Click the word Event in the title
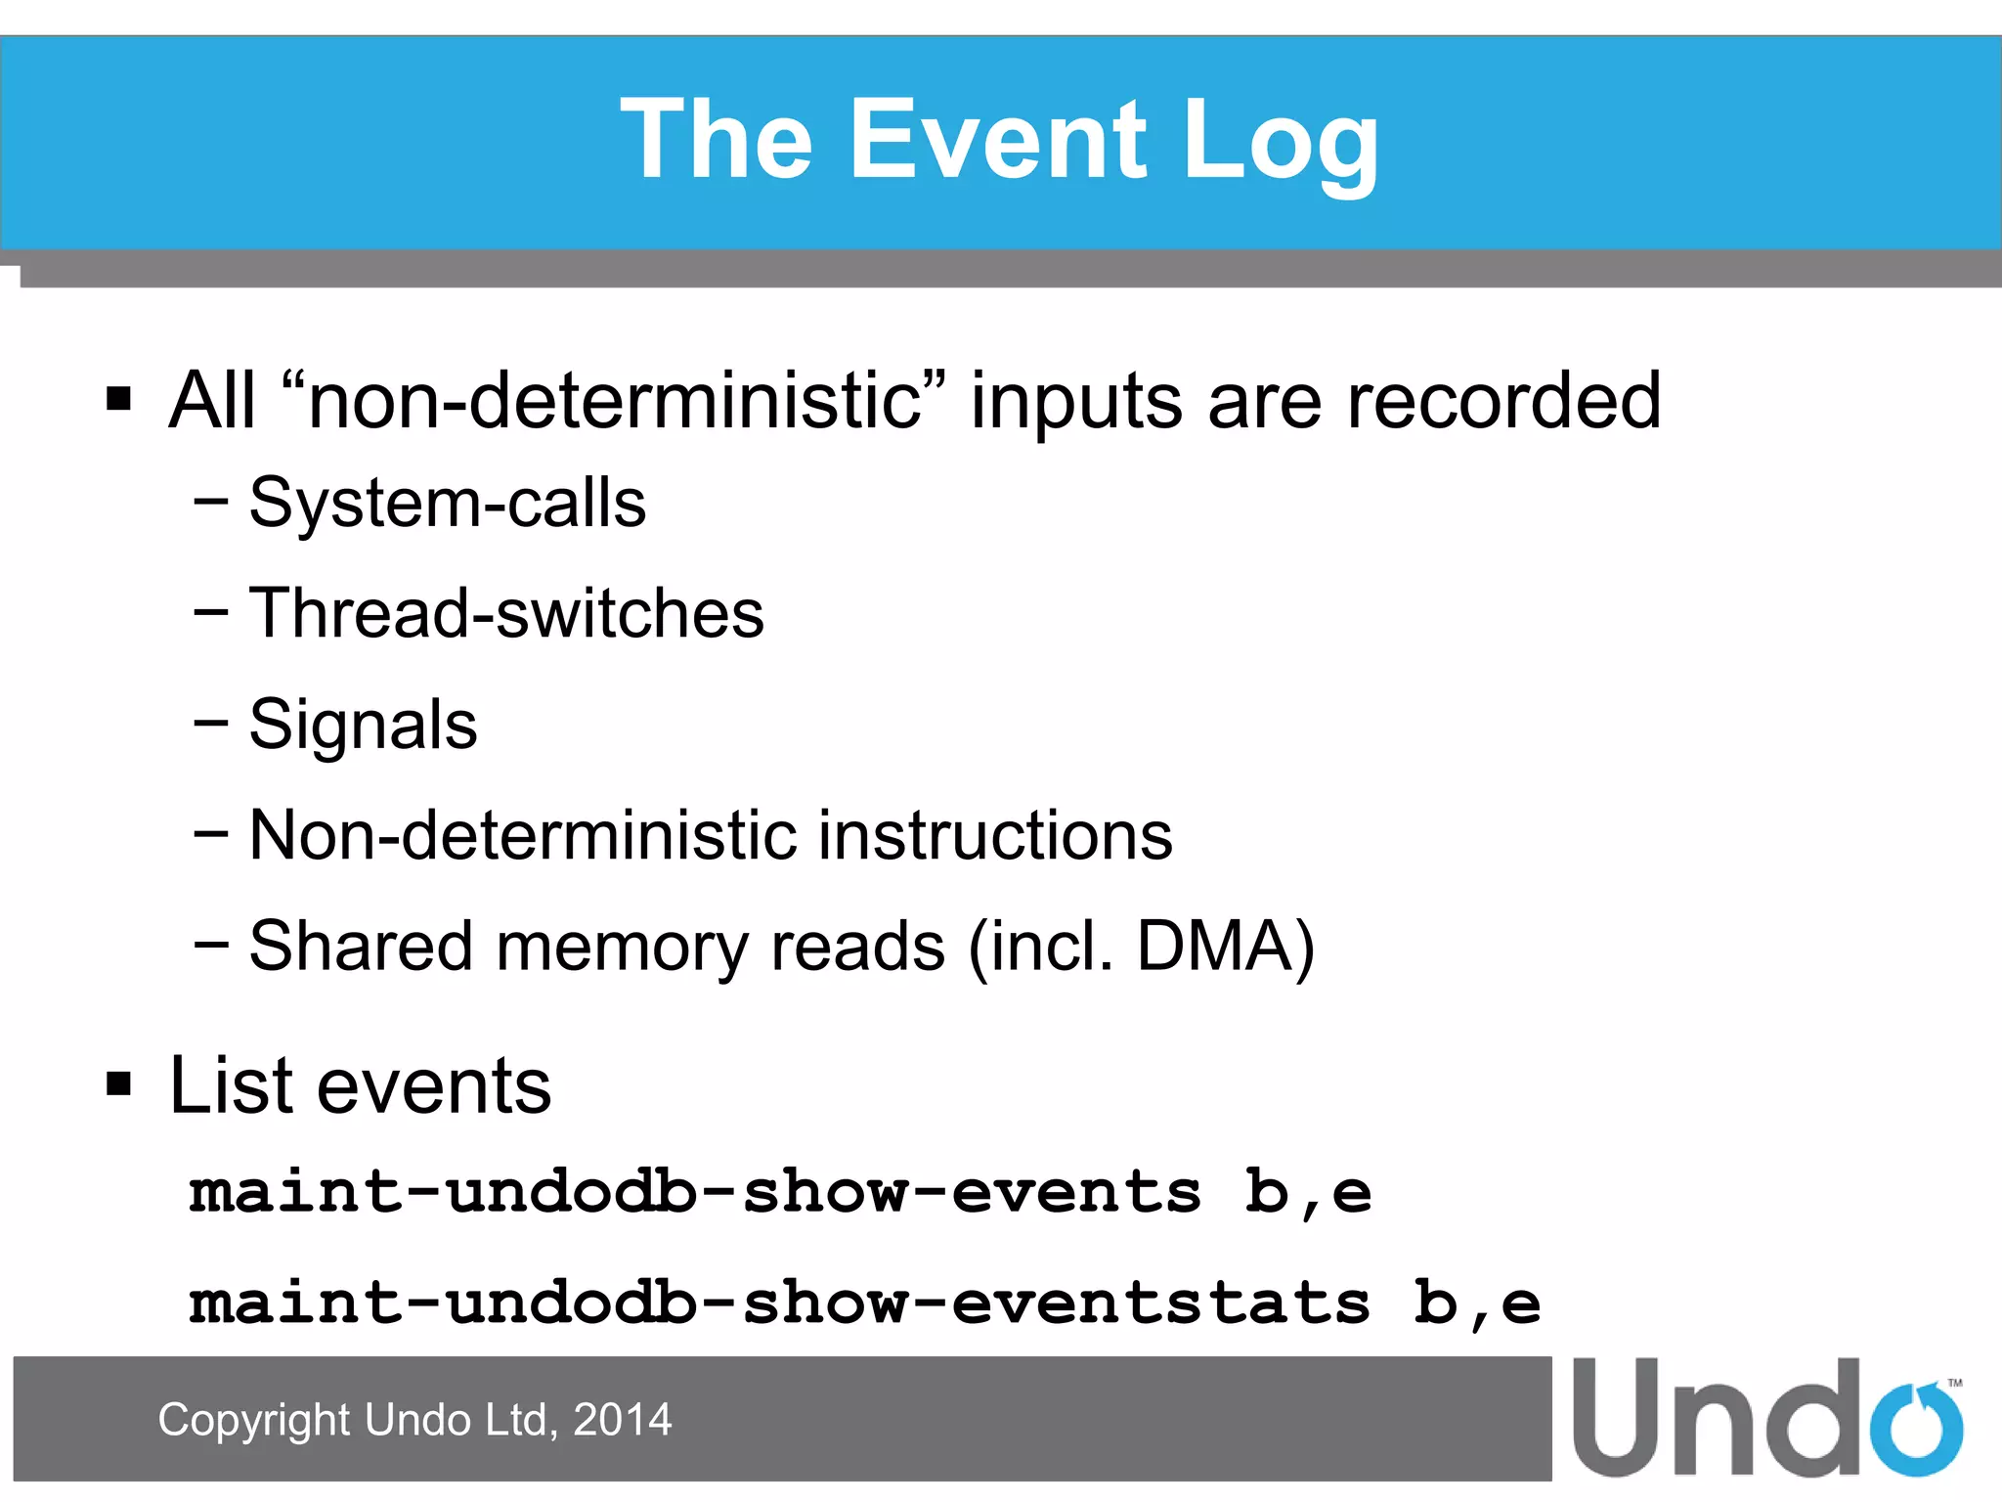pyautogui.click(x=998, y=141)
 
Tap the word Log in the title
pyautogui.click(x=1280, y=143)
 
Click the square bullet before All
pyautogui.click(x=118, y=399)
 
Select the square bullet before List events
pyautogui.click(x=118, y=1083)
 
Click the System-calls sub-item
pyautogui.click(x=447, y=503)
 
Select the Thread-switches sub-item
pyautogui.click(x=505, y=614)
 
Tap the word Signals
pyautogui.click(x=363, y=725)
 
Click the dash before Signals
pyautogui.click(x=210, y=724)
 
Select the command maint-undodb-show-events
pyautogui.click(x=694, y=1193)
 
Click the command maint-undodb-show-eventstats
pyautogui.click(x=778, y=1303)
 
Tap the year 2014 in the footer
pyautogui.click(x=622, y=1420)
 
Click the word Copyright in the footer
pyautogui.click(x=253, y=1420)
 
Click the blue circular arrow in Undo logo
pyautogui.click(x=1915, y=1428)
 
